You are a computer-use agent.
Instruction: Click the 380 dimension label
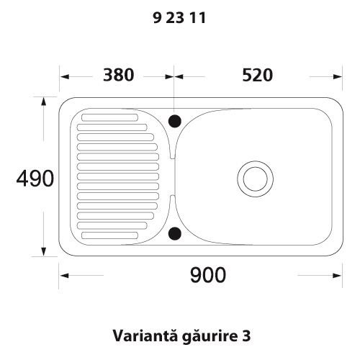[118, 75]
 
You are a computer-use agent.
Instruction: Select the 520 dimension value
[258, 75]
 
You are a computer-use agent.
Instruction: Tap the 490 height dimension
[35, 179]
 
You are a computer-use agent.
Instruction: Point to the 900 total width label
[208, 275]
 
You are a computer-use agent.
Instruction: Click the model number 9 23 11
[179, 18]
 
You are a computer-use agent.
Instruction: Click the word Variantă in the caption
[145, 336]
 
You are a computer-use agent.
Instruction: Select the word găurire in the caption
[209, 336]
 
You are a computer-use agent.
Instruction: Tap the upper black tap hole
[175, 121]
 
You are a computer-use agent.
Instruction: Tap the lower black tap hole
[175, 233]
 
